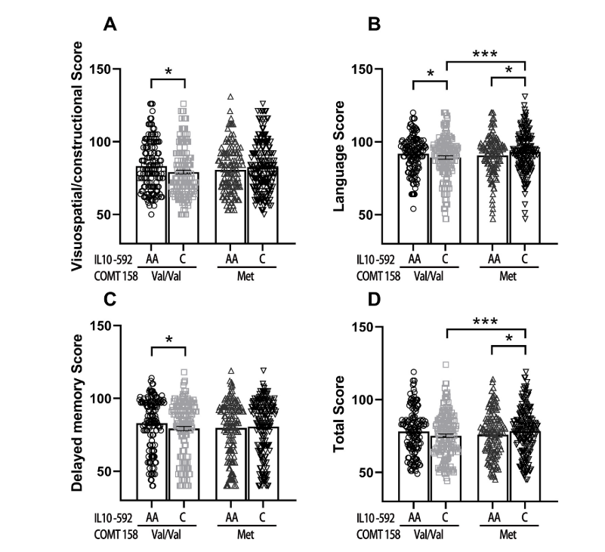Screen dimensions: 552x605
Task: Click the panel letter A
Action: click(110, 25)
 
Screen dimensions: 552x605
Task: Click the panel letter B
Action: click(374, 25)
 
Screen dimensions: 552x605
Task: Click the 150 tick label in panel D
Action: click(380, 326)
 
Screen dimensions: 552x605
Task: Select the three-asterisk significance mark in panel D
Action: click(485, 322)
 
